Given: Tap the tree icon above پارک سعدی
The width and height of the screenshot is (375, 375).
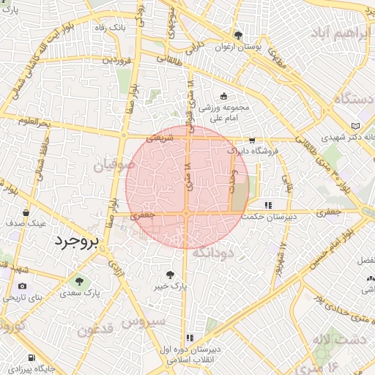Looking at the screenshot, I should coord(78,281).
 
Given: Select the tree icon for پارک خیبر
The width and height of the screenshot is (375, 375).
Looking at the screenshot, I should coord(170,275).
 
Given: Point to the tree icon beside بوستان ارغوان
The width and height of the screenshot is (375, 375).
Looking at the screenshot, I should coord(237,35).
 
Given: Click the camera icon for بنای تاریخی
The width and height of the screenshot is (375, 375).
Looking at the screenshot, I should coord(22,286).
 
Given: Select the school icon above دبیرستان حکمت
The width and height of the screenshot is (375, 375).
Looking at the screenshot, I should coord(268,204).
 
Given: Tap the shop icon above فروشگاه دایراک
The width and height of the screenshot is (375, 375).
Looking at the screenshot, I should coord(252,140).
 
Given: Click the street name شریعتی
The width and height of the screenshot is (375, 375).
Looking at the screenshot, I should coord(159,137).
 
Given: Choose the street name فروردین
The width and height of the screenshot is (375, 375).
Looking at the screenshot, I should coord(117,59).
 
